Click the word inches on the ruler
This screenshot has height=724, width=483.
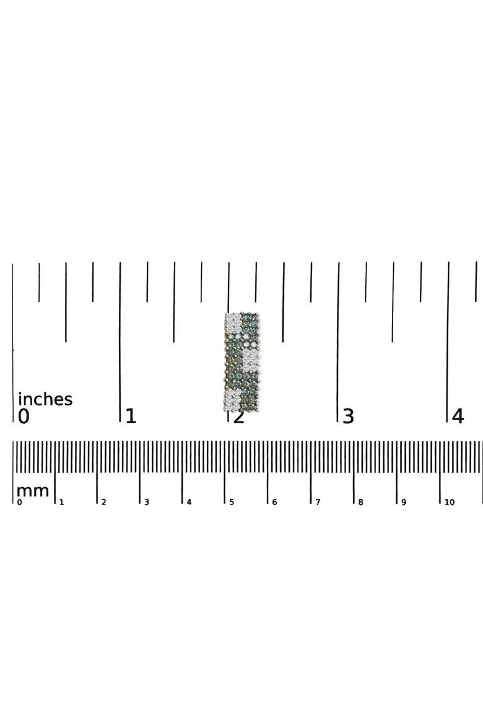(45, 399)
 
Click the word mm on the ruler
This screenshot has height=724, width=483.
(32, 491)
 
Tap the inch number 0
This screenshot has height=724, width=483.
(24, 416)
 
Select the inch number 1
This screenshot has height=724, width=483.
(131, 416)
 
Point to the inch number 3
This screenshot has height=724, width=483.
(348, 416)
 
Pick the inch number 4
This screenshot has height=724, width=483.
(458, 416)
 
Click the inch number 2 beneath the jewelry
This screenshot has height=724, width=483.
(238, 417)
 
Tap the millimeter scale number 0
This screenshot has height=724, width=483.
(19, 502)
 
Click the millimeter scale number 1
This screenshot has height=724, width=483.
(61, 502)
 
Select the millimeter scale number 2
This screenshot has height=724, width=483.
(103, 502)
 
